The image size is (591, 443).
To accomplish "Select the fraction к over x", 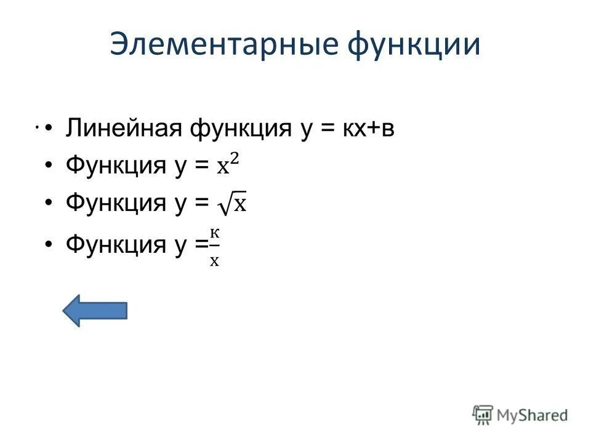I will point(214,246).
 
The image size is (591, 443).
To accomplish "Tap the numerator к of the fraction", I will point(214,233).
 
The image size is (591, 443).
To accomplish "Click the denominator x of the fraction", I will point(214,260).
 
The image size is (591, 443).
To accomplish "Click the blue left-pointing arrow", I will point(95,310).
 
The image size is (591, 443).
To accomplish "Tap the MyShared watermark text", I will point(533,415).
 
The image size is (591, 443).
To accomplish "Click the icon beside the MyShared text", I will point(483,415).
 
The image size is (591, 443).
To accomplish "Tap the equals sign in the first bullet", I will point(327,130).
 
